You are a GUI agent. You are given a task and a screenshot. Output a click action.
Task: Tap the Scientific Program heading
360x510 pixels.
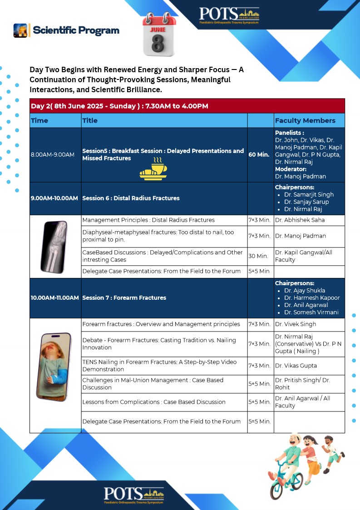pos(76,30)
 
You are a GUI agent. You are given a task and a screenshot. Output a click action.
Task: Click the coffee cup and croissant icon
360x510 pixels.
pos(153,170)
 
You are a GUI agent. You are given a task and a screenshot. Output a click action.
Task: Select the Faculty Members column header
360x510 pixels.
pos(305,120)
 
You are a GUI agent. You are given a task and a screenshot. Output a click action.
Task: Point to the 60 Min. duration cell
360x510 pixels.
pos(260,154)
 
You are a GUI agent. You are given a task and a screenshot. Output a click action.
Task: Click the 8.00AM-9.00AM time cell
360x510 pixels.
pos(53,154)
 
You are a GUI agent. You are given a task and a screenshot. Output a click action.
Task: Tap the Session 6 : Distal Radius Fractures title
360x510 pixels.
pos(131,198)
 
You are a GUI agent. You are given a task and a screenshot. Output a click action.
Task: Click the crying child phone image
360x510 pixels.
pos(55,361)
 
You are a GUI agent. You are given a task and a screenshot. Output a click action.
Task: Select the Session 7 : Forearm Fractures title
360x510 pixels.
pos(124,298)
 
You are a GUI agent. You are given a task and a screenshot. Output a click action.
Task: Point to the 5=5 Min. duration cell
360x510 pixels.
pos(260,421)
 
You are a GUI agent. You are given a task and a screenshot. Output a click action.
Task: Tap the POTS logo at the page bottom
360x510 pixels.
pos(133,495)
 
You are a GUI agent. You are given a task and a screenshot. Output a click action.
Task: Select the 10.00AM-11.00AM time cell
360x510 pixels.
pos(55,298)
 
